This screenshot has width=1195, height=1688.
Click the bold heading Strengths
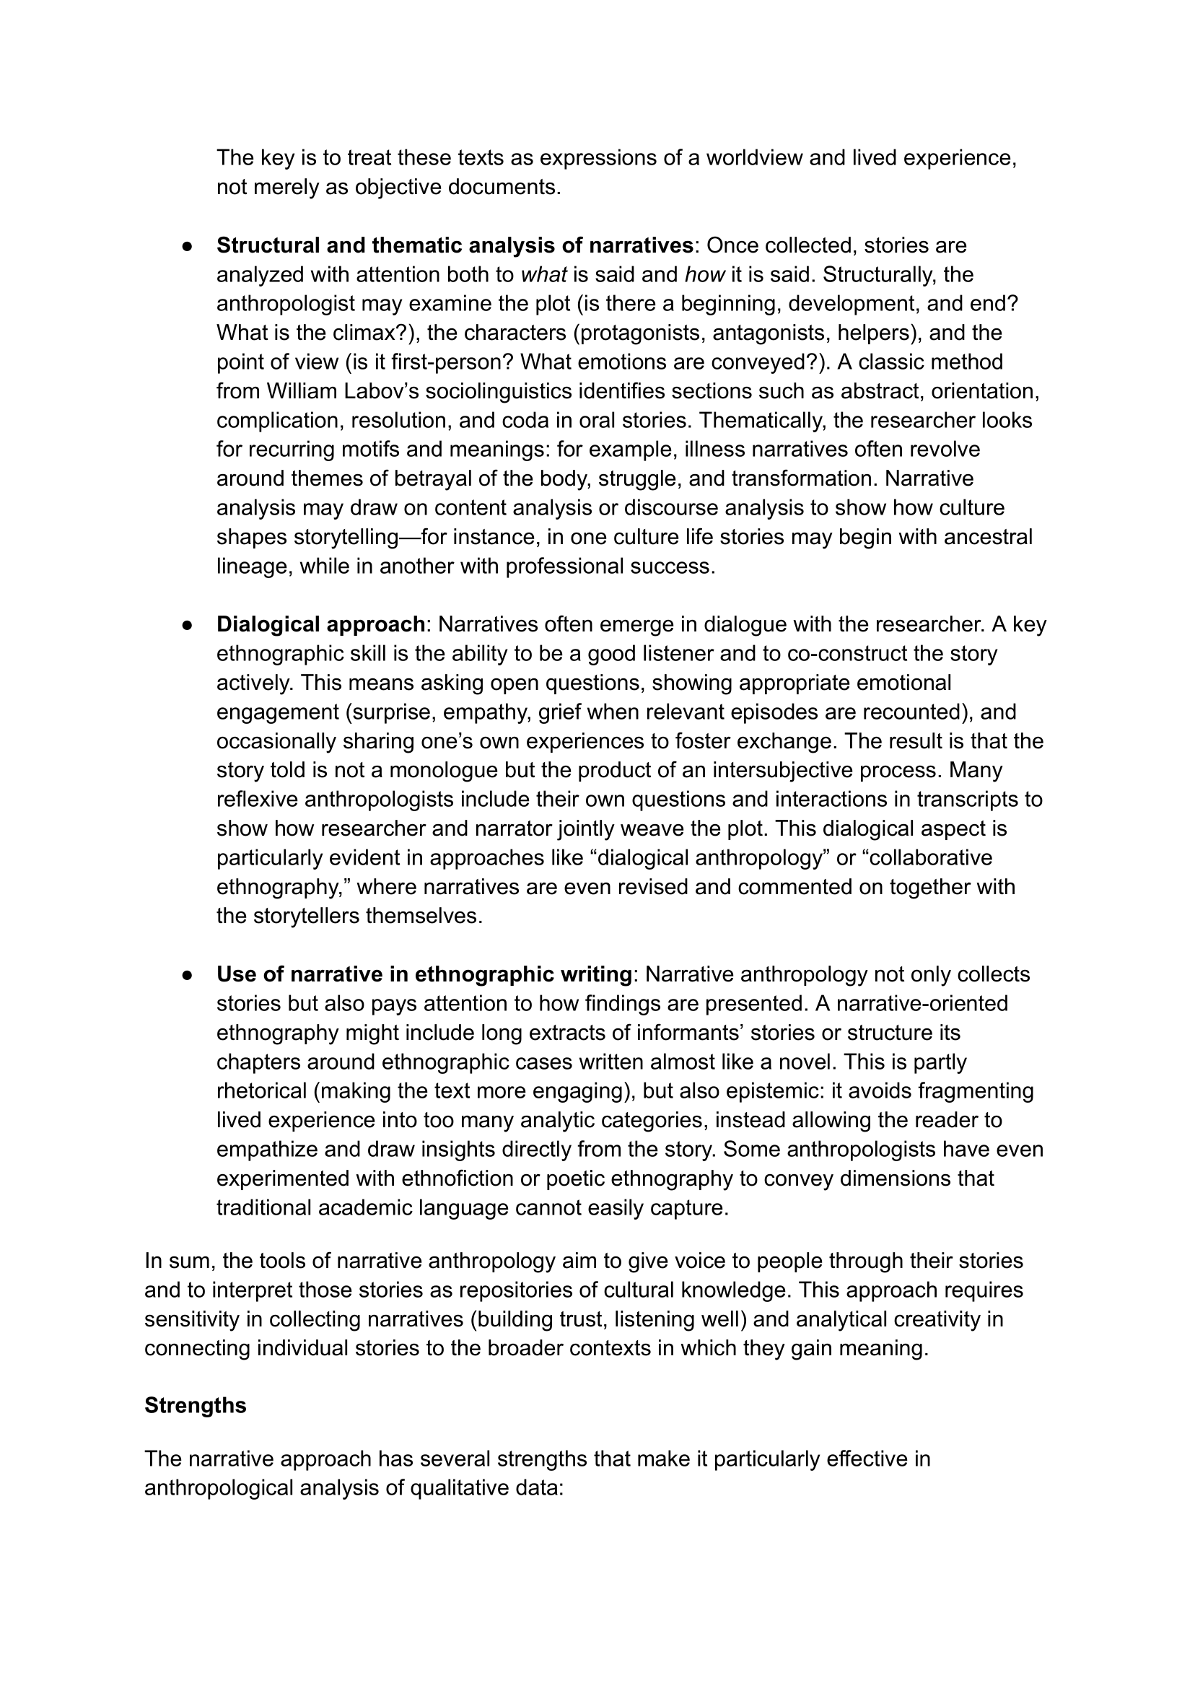(195, 1404)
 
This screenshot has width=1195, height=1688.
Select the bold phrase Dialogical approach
(320, 624)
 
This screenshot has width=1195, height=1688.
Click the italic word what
(543, 274)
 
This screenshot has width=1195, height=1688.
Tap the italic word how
(704, 274)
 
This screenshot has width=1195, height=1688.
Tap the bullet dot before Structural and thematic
(188, 246)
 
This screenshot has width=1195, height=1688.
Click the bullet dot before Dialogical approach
(188, 625)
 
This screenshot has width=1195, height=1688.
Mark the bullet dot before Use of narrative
(188, 975)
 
